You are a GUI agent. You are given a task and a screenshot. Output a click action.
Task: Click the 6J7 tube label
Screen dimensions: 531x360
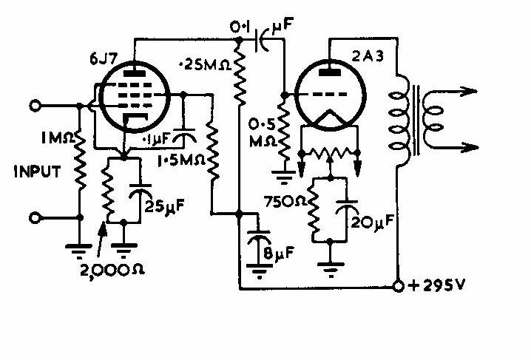tap(104, 59)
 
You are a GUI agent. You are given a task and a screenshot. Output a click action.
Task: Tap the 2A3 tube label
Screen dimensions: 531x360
tap(368, 55)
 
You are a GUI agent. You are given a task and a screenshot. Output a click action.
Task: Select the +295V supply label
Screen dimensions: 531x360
tap(436, 286)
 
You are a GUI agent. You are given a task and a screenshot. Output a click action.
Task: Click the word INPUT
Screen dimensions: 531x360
tap(37, 171)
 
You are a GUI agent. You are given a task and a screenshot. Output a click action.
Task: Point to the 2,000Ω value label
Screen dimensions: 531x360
tap(112, 270)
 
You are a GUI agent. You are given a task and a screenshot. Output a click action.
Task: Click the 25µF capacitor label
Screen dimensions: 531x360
tap(165, 206)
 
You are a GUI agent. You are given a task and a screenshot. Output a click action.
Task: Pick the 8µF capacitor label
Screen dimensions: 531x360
tap(279, 253)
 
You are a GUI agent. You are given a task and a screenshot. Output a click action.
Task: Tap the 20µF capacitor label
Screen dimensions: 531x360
tap(372, 222)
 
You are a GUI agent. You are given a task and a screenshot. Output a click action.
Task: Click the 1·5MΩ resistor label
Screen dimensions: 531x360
tap(181, 160)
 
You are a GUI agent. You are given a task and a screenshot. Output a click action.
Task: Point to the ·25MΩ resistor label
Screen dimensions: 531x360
tap(205, 64)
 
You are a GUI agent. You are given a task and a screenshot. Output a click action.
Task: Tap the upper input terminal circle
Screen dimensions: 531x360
tap(35, 106)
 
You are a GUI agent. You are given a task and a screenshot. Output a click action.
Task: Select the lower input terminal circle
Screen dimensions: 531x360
tap(35, 218)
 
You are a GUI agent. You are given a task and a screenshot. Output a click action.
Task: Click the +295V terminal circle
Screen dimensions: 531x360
tap(399, 286)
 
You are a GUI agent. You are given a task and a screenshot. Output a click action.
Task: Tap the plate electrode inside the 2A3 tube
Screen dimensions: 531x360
tap(330, 72)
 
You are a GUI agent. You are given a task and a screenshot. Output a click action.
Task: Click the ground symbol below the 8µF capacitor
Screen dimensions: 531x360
tap(259, 271)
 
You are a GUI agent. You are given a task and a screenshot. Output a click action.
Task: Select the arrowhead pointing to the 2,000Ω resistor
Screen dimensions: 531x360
tap(103, 229)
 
